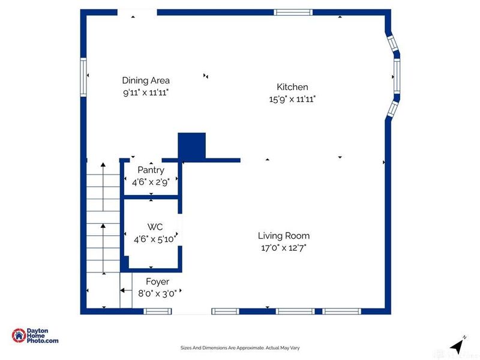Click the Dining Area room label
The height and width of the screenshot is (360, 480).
click(x=146, y=80)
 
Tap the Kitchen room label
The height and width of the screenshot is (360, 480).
click(x=292, y=87)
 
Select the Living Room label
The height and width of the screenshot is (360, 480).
click(x=284, y=236)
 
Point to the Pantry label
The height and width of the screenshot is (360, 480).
click(x=151, y=170)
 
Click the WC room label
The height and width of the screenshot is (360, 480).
click(x=155, y=227)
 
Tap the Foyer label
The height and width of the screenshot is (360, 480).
click(x=158, y=281)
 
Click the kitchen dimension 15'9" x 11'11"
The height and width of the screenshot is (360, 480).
click(x=292, y=99)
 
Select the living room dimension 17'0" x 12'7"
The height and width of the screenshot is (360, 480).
click(x=284, y=248)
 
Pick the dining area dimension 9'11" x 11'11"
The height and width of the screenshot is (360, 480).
click(x=146, y=92)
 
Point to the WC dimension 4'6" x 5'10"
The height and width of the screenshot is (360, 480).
click(x=155, y=239)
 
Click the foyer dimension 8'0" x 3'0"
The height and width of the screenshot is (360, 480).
click(x=157, y=294)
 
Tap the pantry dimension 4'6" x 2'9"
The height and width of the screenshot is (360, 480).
click(x=151, y=182)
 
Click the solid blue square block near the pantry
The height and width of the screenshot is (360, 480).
click(x=191, y=146)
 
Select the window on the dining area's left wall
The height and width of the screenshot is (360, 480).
click(x=83, y=77)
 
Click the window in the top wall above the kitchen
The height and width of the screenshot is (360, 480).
click(x=293, y=12)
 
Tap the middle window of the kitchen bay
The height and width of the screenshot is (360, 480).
click(x=397, y=76)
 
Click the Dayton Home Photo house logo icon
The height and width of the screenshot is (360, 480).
click(x=19, y=335)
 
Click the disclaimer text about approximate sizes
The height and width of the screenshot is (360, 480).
click(x=240, y=348)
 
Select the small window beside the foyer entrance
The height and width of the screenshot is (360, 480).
click(x=158, y=311)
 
